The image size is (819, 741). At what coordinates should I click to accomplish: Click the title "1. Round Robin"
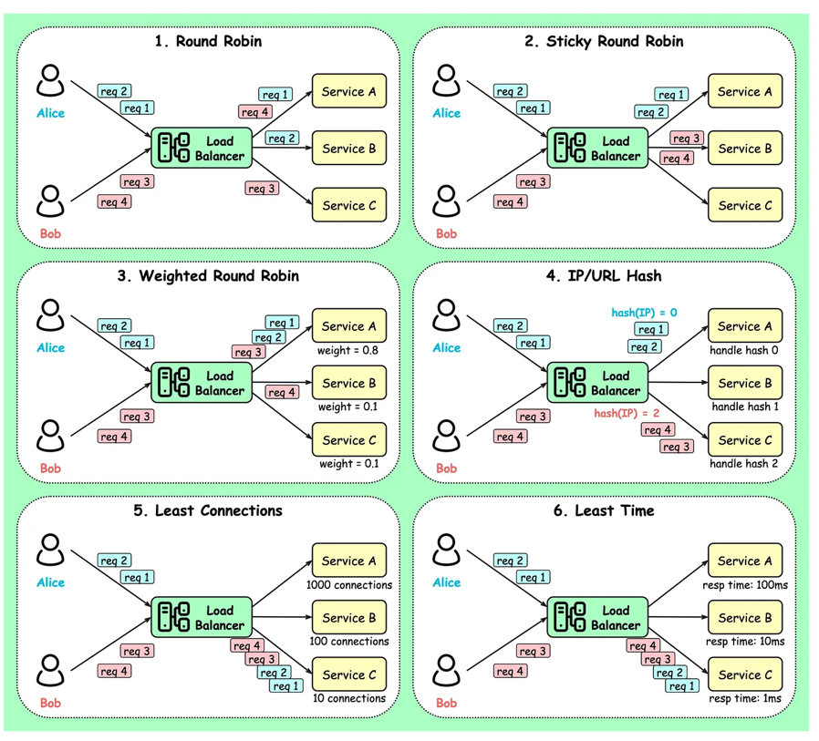point(207,41)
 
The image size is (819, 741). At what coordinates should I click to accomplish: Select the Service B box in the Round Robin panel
point(349,149)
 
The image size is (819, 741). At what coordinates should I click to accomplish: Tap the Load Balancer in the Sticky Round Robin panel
point(596,149)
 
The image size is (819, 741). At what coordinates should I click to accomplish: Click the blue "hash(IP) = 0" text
point(644,313)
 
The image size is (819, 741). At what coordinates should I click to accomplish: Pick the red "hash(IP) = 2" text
point(627,413)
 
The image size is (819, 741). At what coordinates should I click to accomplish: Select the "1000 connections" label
point(349,585)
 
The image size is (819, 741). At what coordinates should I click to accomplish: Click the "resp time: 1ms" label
point(745,698)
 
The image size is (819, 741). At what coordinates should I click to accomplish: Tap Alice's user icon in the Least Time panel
point(446,550)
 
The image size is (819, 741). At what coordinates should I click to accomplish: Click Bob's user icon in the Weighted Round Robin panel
point(50,437)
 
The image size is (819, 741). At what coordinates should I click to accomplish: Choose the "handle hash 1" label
point(745,407)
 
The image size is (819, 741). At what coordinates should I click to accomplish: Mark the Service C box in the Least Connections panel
point(349,674)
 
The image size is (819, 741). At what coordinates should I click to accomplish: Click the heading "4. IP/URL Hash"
point(604,275)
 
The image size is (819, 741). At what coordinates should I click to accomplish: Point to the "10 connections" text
point(349,698)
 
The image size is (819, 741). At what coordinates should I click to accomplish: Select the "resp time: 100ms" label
point(745,585)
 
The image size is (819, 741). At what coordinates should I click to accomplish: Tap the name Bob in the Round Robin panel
point(50,234)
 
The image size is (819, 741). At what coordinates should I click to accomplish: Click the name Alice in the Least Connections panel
point(50,582)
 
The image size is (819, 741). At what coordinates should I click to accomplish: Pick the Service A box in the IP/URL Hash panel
point(745,326)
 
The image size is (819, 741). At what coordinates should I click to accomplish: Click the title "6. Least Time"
point(604,510)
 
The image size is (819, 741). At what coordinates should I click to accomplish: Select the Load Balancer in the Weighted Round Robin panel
point(201,383)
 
